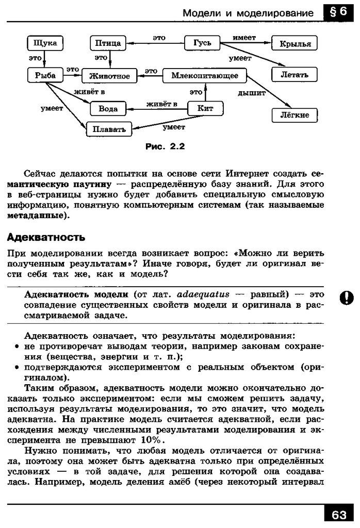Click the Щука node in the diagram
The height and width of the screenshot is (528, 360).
44,43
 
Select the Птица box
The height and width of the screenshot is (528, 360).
108,43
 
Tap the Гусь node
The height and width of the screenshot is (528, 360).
202,43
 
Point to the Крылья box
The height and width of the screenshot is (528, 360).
295,44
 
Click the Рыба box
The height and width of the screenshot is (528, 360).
45,75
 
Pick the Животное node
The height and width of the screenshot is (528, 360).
109,76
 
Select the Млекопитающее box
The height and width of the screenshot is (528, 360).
205,76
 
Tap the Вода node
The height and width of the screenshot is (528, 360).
108,109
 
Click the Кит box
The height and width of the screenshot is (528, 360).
205,108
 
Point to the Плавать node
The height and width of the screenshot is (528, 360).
109,129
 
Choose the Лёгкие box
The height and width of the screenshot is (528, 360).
294,115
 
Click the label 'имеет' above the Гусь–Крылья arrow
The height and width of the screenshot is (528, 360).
244,38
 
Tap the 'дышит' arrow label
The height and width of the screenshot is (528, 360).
251,93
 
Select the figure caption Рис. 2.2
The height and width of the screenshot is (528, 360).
165,146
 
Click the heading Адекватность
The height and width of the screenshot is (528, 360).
45,238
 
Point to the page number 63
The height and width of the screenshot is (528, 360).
339,515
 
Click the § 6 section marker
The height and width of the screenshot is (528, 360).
339,12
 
